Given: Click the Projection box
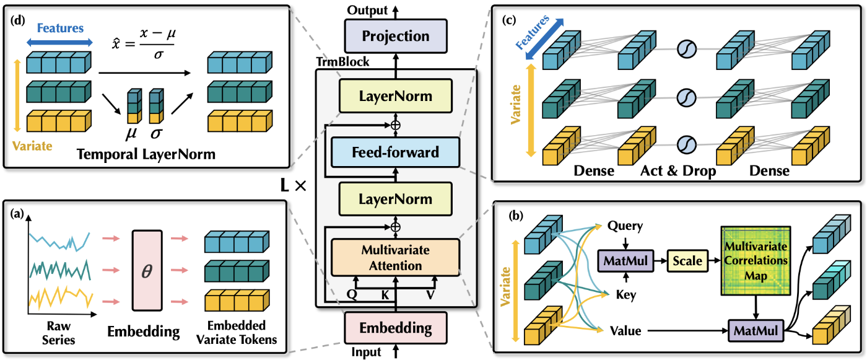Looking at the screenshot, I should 396,36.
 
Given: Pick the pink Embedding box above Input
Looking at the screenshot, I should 396,328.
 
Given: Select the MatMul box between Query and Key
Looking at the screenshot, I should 623,261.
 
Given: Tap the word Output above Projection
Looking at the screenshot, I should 367,10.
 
